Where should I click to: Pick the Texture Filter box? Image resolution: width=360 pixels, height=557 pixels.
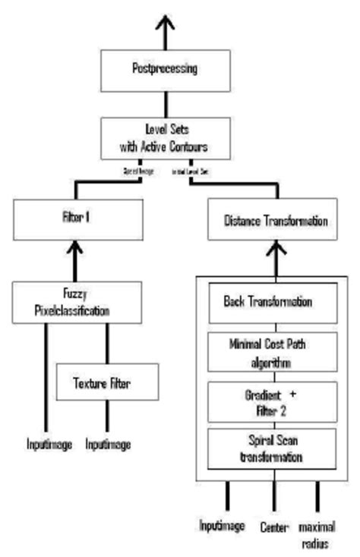[108, 382]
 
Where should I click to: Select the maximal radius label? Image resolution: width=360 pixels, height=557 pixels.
[317, 533]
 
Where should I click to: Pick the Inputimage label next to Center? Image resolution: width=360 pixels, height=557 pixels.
[224, 525]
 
